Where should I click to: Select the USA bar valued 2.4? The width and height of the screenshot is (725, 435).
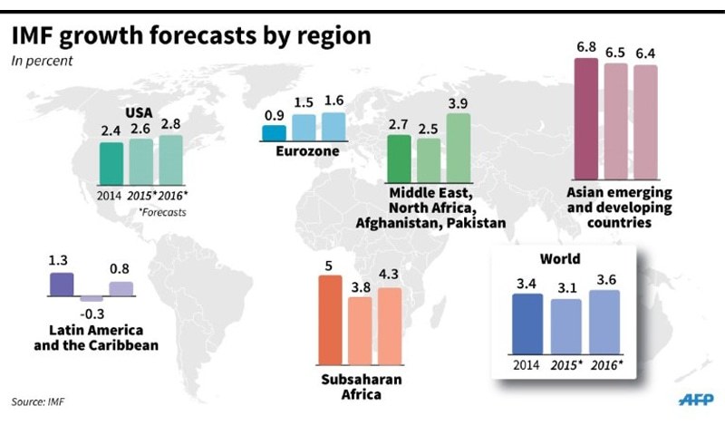click(x=111, y=162)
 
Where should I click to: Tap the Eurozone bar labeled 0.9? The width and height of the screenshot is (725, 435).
click(x=274, y=133)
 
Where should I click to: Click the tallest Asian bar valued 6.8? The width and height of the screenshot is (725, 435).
click(x=586, y=119)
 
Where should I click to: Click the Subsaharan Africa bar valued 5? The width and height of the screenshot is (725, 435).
click(x=331, y=319)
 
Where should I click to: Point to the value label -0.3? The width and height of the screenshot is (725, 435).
click(x=91, y=314)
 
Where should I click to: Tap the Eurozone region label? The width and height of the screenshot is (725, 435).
click(x=307, y=151)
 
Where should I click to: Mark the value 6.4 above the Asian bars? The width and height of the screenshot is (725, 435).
click(x=645, y=53)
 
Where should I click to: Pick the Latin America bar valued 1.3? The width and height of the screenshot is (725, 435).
click(x=61, y=285)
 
